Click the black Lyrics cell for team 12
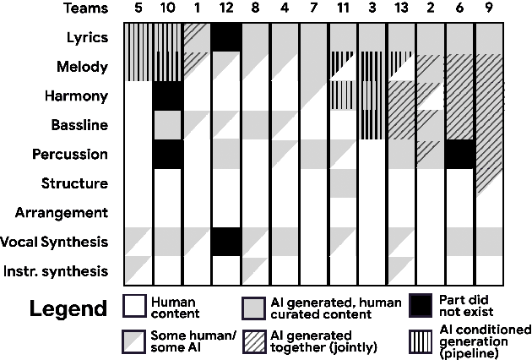click(225, 38)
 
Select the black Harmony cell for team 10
click(168, 96)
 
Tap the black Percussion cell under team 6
click(459, 154)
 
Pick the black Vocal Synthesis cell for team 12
click(225, 242)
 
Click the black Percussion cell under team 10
click(168, 154)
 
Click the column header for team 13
click(401, 9)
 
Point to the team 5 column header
click(138, 9)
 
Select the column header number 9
click(489, 9)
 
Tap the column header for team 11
click(343, 9)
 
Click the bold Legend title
click(68, 308)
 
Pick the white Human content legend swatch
click(134, 305)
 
